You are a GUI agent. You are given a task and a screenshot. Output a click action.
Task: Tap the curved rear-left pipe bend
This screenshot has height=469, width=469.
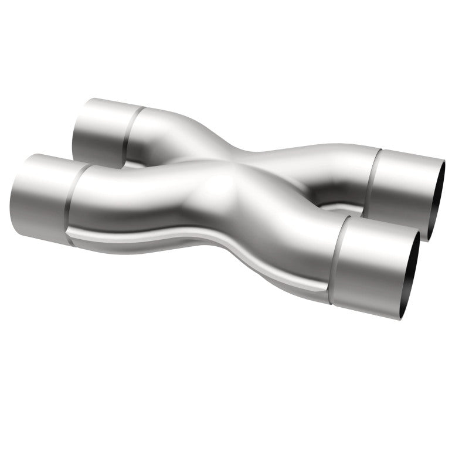170,138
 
